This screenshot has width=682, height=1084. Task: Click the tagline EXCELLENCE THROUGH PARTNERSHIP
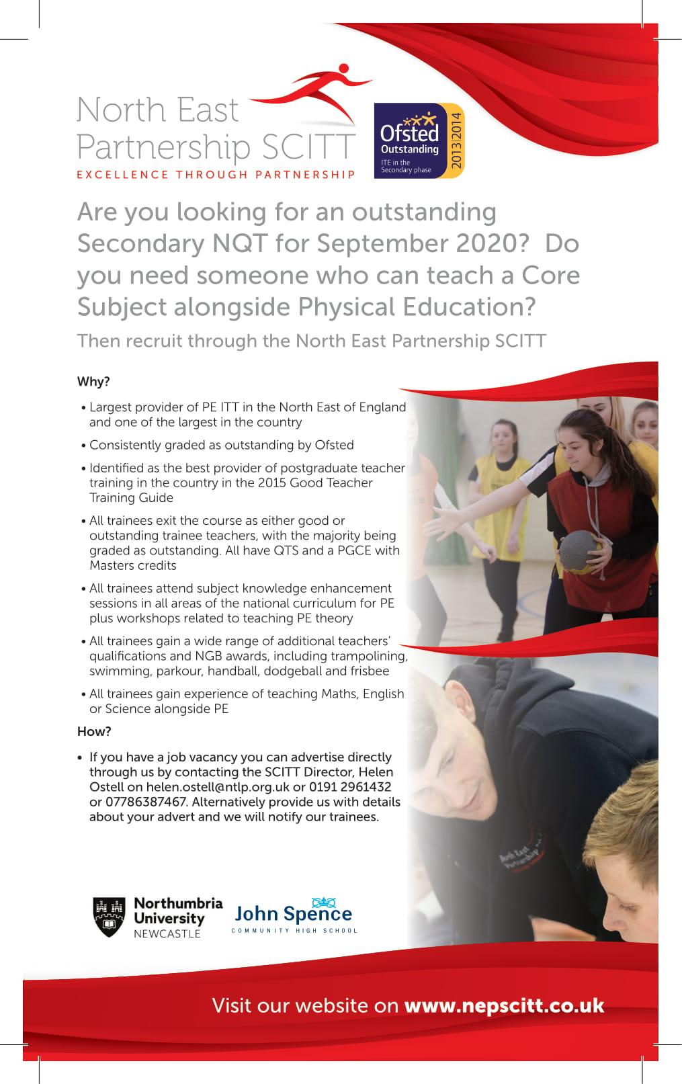point(216,175)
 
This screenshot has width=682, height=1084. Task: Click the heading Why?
point(93,382)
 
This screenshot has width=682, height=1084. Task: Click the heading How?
point(94,731)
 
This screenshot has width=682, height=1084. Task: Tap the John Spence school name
point(293,914)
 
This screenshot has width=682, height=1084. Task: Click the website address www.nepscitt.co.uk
point(504,1005)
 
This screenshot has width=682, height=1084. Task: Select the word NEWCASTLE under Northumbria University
point(167,933)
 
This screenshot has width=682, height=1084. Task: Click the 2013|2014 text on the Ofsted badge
point(456,141)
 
